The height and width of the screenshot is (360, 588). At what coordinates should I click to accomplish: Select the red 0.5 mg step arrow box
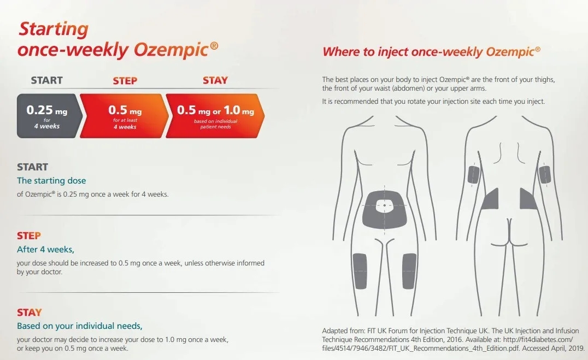pyautogui.click(x=124, y=116)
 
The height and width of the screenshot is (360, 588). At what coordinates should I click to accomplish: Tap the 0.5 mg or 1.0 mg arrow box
pyautogui.click(x=215, y=116)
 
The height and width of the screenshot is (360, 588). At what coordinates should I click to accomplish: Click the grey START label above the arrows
pyautogui.click(x=47, y=80)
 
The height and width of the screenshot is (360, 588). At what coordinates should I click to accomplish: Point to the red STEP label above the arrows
pyautogui.click(x=125, y=81)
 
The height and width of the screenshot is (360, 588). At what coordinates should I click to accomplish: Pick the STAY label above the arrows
pyautogui.click(x=215, y=80)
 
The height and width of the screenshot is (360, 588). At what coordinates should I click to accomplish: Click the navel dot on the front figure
pyautogui.click(x=384, y=205)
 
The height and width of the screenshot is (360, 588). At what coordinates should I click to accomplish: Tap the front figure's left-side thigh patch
pyautogui.click(x=360, y=271)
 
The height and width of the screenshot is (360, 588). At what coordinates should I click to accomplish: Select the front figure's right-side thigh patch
pyautogui.click(x=409, y=271)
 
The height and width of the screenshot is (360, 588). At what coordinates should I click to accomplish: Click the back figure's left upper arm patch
pyautogui.click(x=474, y=174)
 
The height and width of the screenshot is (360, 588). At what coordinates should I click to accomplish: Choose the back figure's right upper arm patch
pyautogui.click(x=544, y=174)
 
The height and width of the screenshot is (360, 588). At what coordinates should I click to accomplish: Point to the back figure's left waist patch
pyautogui.click(x=491, y=199)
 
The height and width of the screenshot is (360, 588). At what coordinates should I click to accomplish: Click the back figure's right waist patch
pyautogui.click(x=528, y=199)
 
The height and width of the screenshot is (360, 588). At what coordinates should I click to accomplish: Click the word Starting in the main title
pyautogui.click(x=54, y=29)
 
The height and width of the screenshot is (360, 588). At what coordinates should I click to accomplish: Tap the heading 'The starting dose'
pyautogui.click(x=51, y=180)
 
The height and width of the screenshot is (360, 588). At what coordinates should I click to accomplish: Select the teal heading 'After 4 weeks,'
pyautogui.click(x=45, y=249)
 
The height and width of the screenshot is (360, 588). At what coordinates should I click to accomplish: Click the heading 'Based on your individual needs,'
pyautogui.click(x=79, y=326)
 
